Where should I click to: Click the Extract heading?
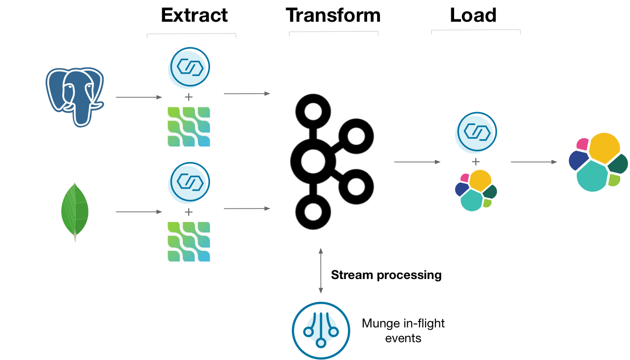click(x=194, y=15)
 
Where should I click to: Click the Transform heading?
click(x=333, y=15)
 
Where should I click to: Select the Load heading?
click(x=473, y=15)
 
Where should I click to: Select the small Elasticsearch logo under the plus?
click(x=475, y=190)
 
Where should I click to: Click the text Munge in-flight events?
click(x=403, y=330)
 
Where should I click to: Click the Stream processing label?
click(x=386, y=275)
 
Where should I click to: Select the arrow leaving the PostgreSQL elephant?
click(x=138, y=97)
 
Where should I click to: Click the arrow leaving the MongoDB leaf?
click(x=138, y=212)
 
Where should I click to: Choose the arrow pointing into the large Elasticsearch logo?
click(x=533, y=161)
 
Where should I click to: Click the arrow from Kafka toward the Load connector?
click(x=417, y=161)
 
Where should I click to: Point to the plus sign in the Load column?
click(x=476, y=161)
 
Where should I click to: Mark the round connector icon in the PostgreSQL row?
click(x=190, y=66)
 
